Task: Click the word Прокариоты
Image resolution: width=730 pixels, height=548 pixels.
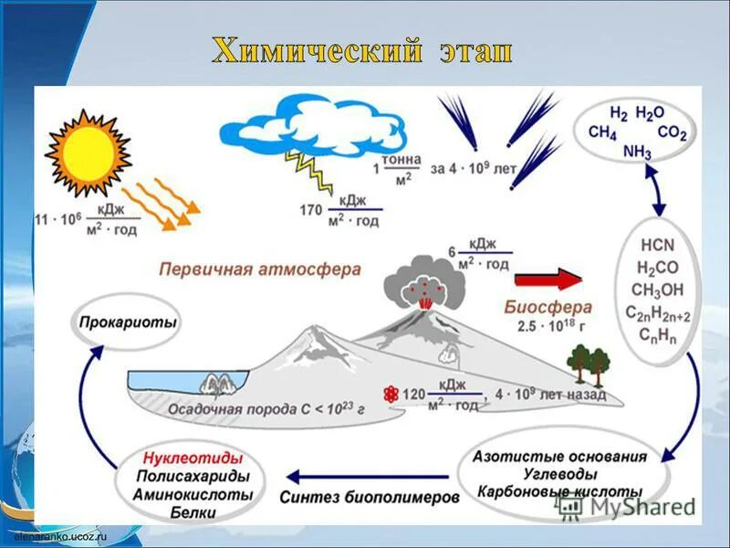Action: tap(128, 321)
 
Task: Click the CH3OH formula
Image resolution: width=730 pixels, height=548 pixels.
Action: tap(658, 290)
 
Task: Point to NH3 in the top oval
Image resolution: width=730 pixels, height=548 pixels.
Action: tap(637, 152)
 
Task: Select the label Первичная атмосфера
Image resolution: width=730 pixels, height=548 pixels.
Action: tap(260, 270)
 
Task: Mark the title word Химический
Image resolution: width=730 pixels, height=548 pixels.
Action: tap(307, 50)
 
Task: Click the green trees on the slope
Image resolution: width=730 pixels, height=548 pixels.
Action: tap(589, 363)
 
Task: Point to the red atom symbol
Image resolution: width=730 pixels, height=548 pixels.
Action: tap(391, 395)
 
